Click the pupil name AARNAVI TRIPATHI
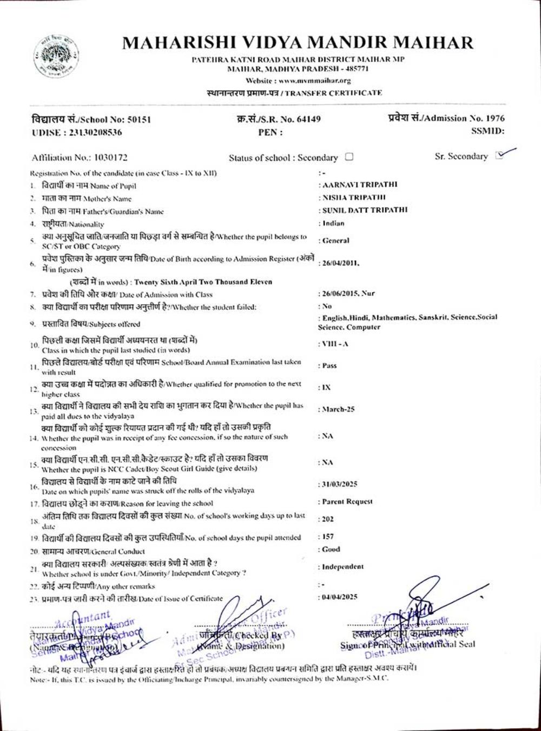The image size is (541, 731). click(x=359, y=184)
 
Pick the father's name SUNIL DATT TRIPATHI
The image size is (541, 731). click(x=365, y=210)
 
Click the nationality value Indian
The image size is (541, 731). click(x=333, y=223)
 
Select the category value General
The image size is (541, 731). click(x=336, y=240)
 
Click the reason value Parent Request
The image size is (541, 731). click(x=347, y=501)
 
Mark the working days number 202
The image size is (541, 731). click(x=328, y=519)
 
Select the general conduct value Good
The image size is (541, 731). click(x=331, y=549)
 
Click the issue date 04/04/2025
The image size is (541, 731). click(x=340, y=597)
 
